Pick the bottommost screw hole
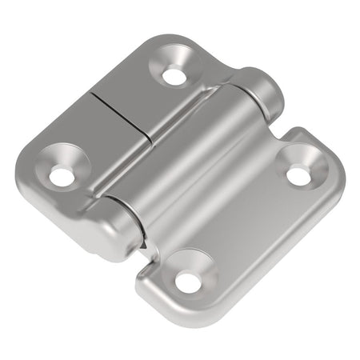pos(186,281)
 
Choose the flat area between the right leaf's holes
pos(240,224)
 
